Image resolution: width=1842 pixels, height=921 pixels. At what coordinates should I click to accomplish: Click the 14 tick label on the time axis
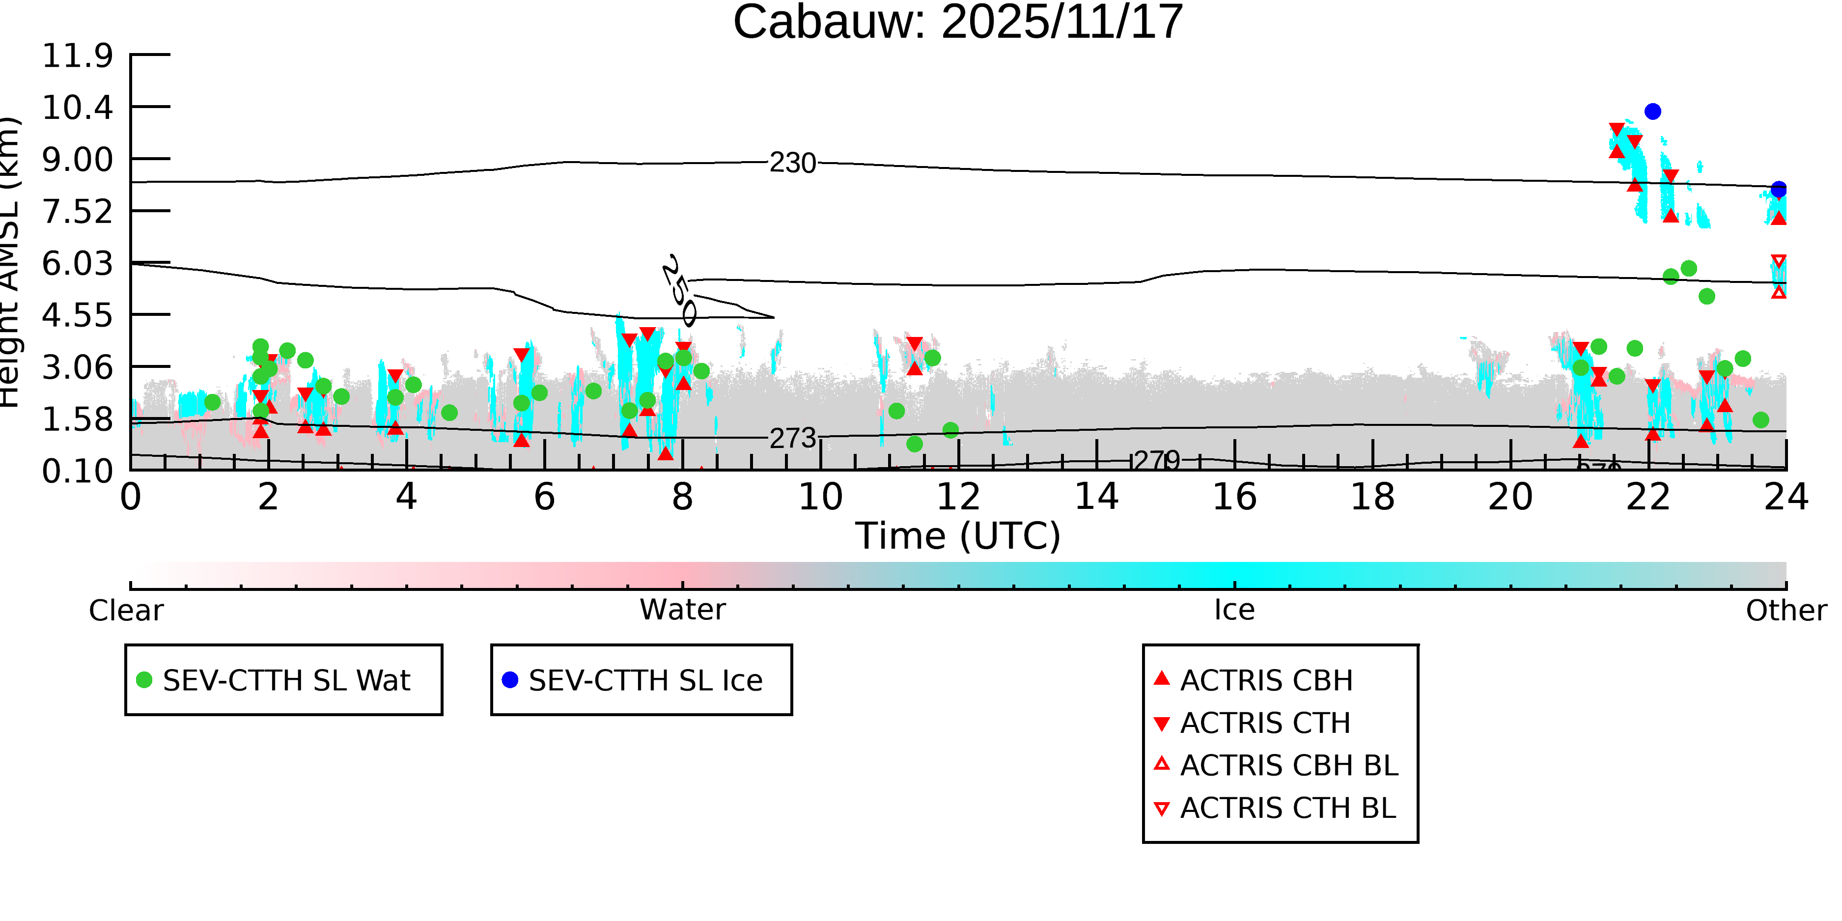pyautogui.click(x=1096, y=498)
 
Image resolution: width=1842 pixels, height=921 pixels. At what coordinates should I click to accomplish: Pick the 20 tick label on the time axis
pyautogui.click(x=1510, y=498)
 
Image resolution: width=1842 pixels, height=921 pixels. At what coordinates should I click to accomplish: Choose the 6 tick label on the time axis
pyautogui.click(x=544, y=498)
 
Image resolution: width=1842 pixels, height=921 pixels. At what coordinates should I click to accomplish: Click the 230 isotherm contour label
pyautogui.click(x=792, y=164)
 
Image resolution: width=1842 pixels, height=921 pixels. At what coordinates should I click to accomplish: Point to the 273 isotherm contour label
pyautogui.click(x=792, y=438)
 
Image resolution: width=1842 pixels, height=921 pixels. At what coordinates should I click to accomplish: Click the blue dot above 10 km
pyautogui.click(x=1652, y=112)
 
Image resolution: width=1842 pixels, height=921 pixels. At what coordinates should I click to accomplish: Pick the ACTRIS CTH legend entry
pyautogui.click(x=1265, y=724)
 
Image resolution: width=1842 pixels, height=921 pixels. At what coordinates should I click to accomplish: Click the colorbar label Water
pyautogui.click(x=682, y=611)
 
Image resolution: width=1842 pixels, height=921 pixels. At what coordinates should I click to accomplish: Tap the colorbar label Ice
pyautogui.click(x=1234, y=611)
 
